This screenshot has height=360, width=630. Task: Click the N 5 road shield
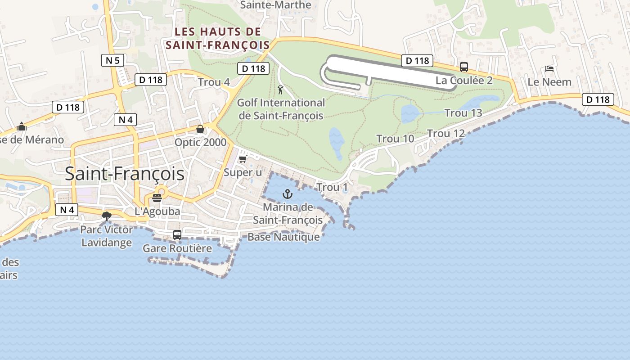pyautogui.click(x=112, y=60)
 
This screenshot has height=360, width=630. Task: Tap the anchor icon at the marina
pyautogui.click(x=287, y=194)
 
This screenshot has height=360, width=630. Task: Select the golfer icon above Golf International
pyautogui.click(x=281, y=89)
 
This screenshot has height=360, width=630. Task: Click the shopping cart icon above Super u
pyautogui.click(x=243, y=159)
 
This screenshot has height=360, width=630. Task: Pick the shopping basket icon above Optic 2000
pyautogui.click(x=200, y=130)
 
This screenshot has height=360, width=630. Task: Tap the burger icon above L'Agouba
pyautogui.click(x=157, y=198)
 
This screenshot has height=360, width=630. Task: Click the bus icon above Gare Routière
pyautogui.click(x=177, y=235)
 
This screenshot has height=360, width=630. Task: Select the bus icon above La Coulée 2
pyautogui.click(x=464, y=67)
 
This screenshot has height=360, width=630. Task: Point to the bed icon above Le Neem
pyautogui.click(x=549, y=69)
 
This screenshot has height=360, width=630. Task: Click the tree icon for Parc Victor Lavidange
pyautogui.click(x=107, y=216)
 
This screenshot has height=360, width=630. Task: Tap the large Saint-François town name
pyautogui.click(x=125, y=174)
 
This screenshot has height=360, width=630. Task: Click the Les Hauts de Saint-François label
pyautogui.click(x=218, y=38)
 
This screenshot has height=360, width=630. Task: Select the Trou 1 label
pyautogui.click(x=332, y=187)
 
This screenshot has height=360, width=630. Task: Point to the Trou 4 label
pyautogui.click(x=214, y=82)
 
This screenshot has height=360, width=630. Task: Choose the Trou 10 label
pyautogui.click(x=395, y=139)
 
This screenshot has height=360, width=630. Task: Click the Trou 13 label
pyautogui.click(x=463, y=113)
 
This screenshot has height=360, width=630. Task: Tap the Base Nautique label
pyautogui.click(x=283, y=237)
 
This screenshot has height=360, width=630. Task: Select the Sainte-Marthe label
pyautogui.click(x=276, y=5)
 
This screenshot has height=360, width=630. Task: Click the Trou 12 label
pyautogui.click(x=445, y=134)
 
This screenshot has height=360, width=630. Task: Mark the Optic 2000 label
pyautogui.click(x=201, y=142)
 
